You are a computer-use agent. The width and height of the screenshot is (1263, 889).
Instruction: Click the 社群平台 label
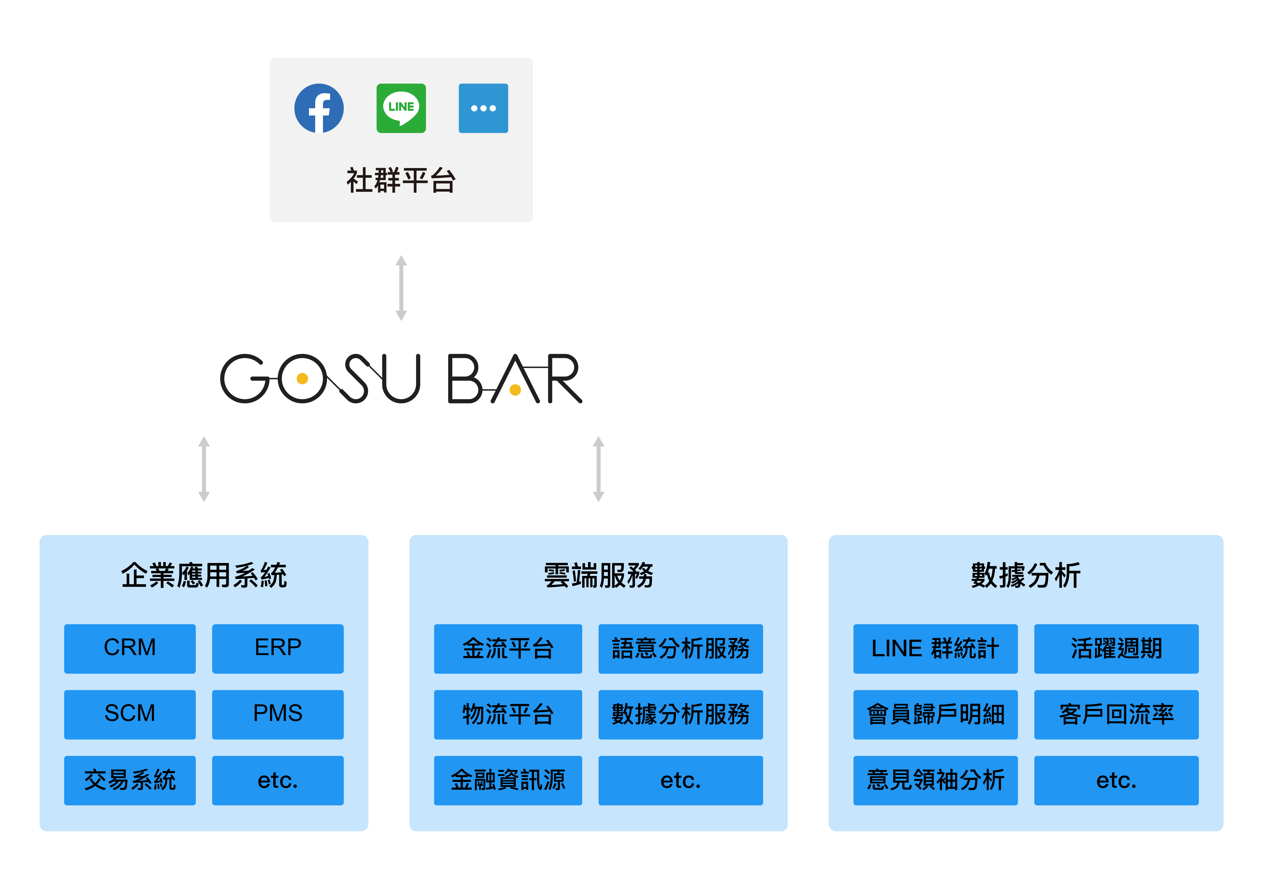(x=401, y=181)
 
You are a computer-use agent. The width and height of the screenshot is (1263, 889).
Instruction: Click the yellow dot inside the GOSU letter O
(x=302, y=379)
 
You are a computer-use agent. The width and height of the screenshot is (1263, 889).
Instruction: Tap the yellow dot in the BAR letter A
(x=515, y=390)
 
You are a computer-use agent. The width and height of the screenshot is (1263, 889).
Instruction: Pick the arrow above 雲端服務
(x=599, y=469)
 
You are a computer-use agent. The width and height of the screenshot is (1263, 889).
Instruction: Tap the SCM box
(x=130, y=714)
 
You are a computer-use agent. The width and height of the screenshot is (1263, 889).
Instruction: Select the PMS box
(x=278, y=714)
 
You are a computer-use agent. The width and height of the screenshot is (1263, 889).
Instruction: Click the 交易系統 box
(x=130, y=780)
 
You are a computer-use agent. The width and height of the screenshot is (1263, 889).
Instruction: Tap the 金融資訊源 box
(x=508, y=780)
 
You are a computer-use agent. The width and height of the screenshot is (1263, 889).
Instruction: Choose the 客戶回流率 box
(x=1116, y=714)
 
